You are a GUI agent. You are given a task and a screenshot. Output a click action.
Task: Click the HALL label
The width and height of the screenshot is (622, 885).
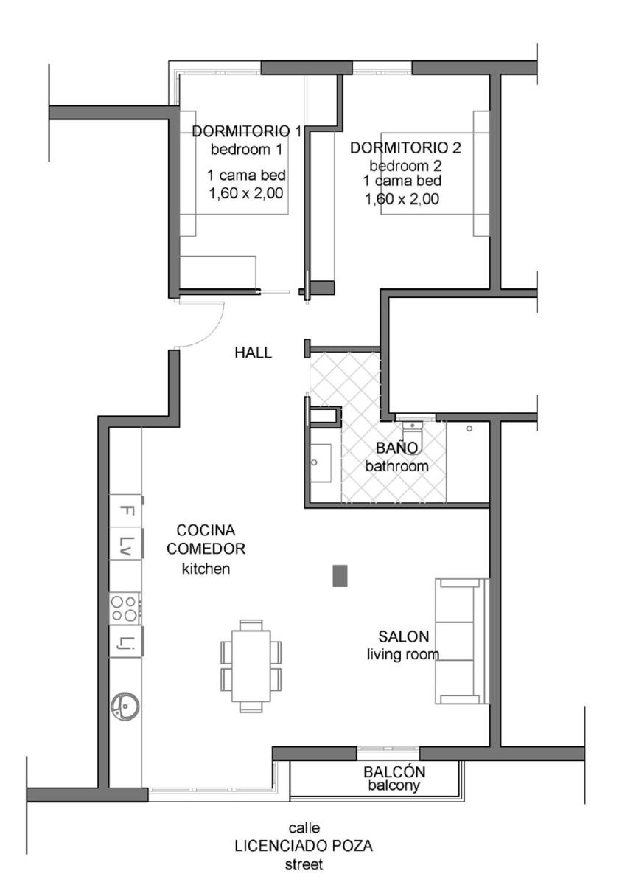pos(253,353)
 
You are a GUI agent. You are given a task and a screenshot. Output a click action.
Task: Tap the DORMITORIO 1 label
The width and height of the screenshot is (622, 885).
pos(246,131)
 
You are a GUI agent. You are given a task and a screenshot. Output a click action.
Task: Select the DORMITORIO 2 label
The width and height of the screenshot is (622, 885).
pos(405,147)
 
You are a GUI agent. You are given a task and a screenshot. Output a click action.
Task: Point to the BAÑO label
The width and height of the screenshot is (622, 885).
pos(397,448)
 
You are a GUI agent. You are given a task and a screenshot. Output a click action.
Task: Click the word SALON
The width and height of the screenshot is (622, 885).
pos(403,636)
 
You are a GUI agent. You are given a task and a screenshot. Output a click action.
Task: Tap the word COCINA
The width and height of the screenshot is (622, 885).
pos(206,530)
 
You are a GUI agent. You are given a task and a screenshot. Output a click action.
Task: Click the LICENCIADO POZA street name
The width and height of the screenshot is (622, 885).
pos(304,846)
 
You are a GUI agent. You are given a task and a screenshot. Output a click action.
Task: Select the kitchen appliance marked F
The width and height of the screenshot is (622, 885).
pos(125,510)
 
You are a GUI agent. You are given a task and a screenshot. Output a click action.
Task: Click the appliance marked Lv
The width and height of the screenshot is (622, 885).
pos(125,544)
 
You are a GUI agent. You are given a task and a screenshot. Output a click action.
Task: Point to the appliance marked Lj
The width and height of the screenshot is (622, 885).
pos(125,641)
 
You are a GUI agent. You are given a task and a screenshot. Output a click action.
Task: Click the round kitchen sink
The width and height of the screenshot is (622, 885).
pos(125,705)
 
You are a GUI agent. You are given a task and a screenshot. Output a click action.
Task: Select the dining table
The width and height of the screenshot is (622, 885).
pos(251,666)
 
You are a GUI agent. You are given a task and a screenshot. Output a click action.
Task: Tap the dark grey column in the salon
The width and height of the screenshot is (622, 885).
pos(340,576)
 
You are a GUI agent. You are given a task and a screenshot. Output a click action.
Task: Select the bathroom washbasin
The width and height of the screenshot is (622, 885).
pos(321,463)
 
